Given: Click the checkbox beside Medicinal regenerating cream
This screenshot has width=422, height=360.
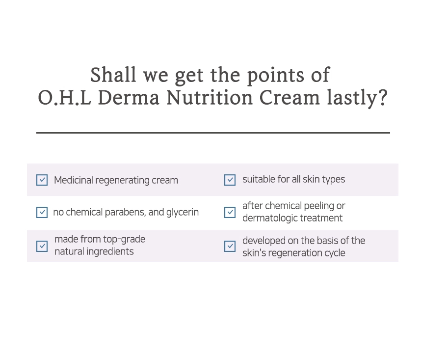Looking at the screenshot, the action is pos(42,180).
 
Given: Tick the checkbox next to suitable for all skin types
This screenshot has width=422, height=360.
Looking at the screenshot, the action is pos(230,180).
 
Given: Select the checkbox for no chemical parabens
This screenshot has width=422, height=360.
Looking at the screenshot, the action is pos(42,212).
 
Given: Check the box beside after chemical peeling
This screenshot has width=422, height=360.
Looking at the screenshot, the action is pos(230,212).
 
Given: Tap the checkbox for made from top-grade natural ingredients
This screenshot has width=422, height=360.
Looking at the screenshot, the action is pos(42,246).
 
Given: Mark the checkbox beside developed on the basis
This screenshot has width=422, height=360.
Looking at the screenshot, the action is pos(230,246).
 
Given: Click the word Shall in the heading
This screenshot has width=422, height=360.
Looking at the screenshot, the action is pos(113,75).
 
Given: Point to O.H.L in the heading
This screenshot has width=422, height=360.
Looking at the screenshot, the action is pos(64,98).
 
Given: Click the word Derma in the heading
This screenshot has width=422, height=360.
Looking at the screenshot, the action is pos(129,98).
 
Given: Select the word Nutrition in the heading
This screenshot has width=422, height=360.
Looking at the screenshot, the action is pos(210,98).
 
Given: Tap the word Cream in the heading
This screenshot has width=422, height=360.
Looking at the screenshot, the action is pos(290,98).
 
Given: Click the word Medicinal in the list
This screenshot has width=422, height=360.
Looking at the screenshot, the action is pos(74,180).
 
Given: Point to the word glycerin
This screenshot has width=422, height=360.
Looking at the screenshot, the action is pos(183,213).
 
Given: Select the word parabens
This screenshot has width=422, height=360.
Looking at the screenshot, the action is pos(126,212).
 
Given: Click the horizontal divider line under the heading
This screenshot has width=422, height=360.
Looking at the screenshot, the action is pos(213,133).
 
